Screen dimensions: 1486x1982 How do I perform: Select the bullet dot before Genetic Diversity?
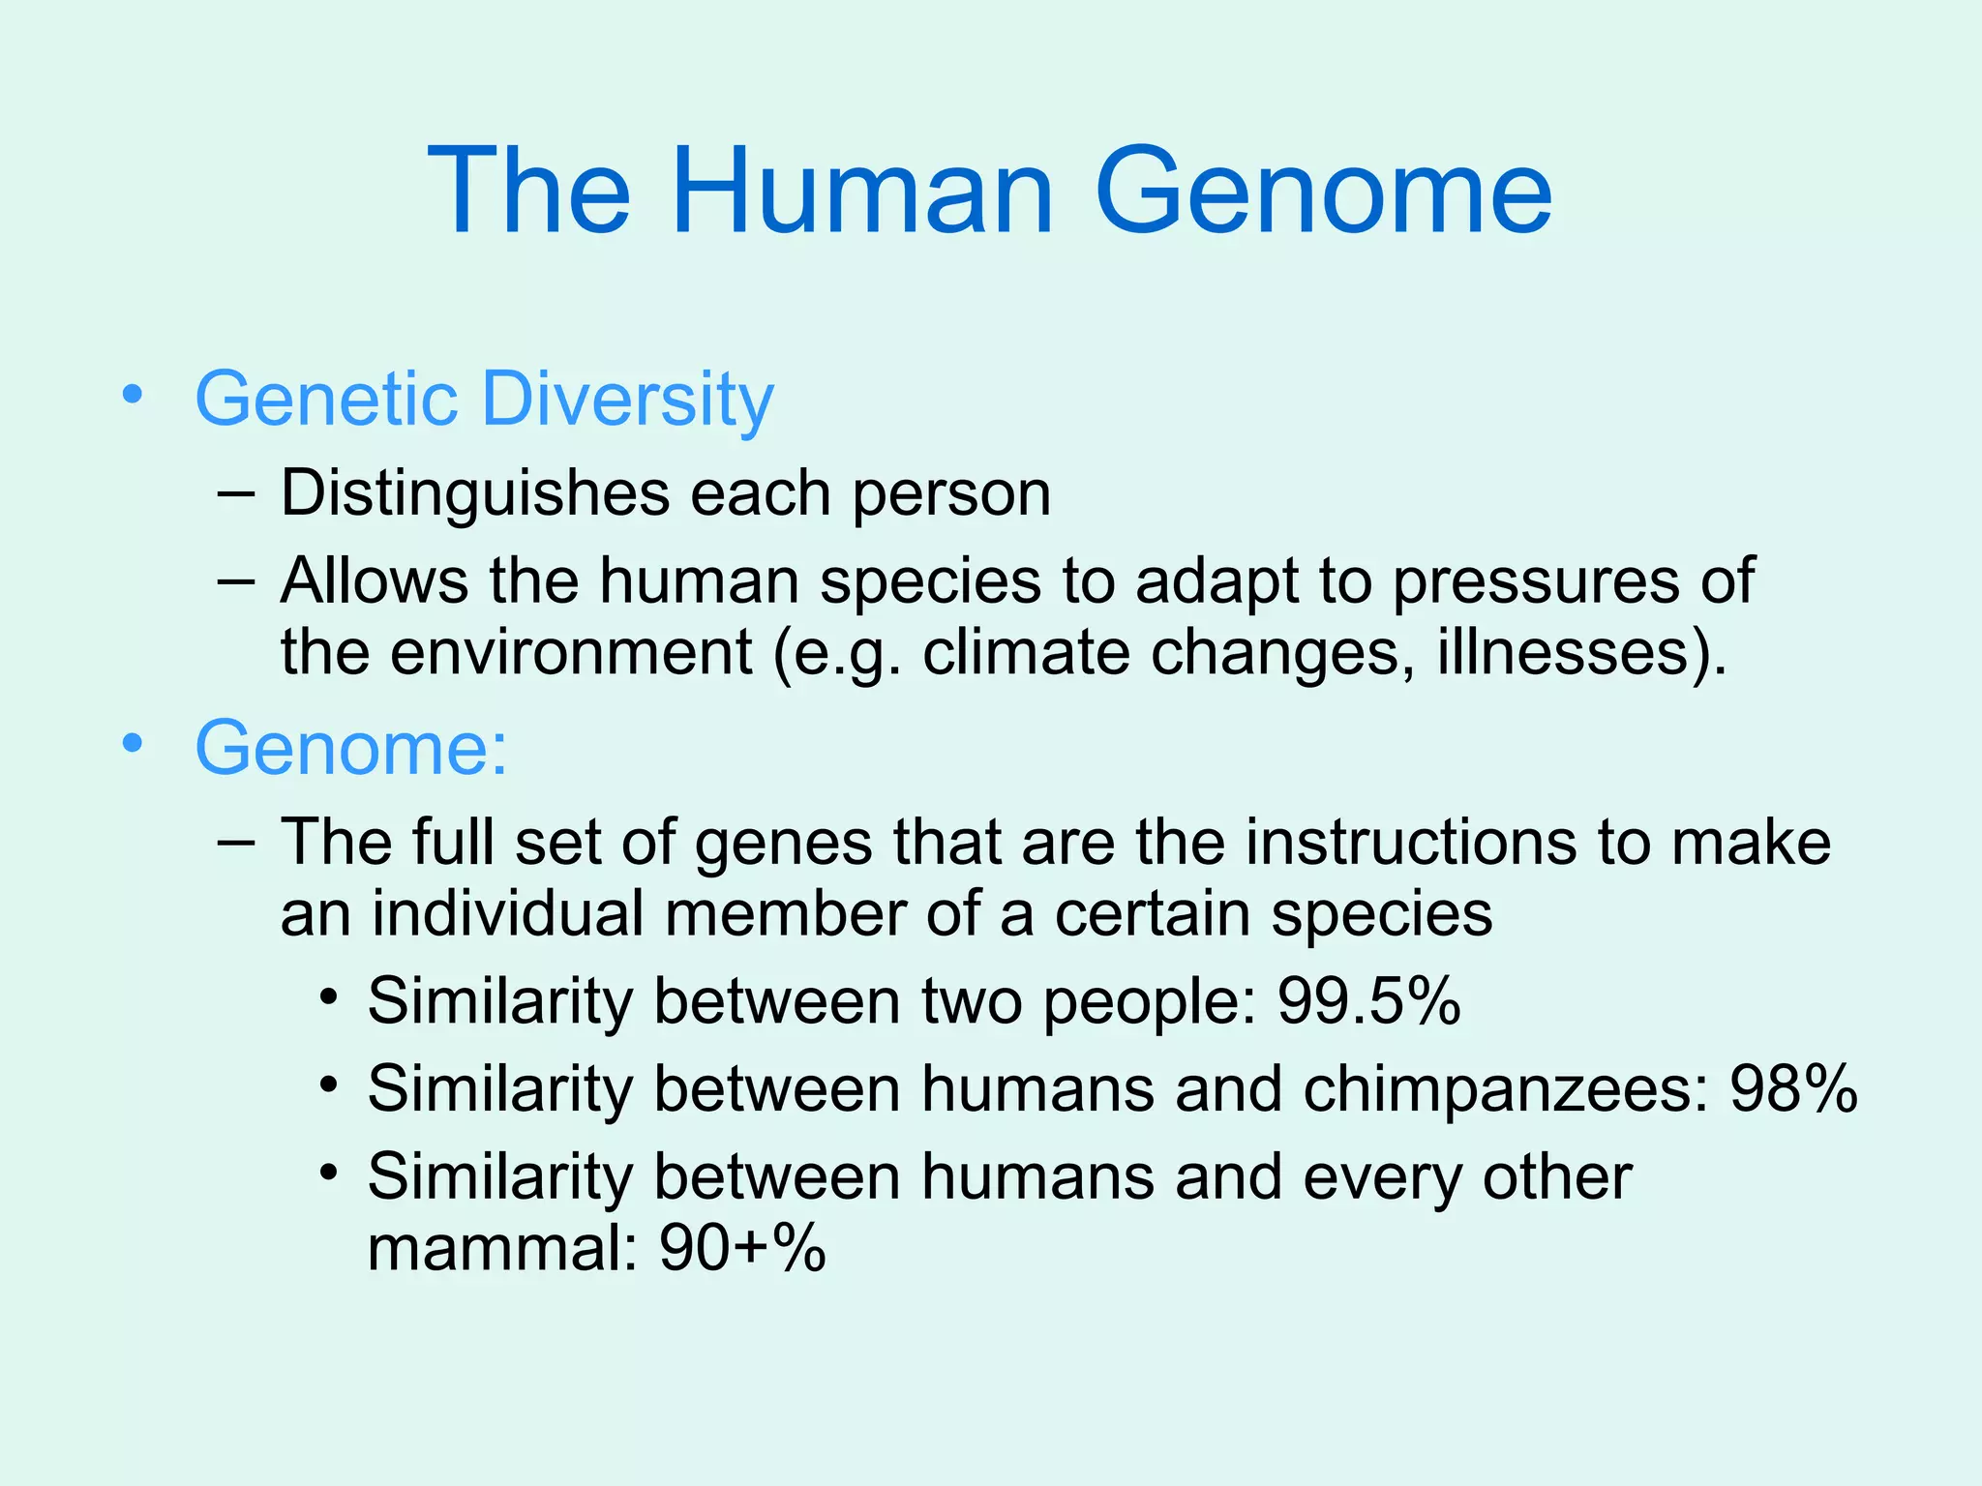(x=133, y=395)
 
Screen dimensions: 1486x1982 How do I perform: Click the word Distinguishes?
(x=474, y=494)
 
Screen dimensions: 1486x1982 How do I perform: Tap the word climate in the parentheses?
(x=1026, y=652)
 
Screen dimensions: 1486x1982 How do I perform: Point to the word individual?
(x=508, y=913)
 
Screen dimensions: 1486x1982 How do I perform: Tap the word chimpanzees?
(x=1506, y=1089)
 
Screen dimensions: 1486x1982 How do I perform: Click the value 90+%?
(x=742, y=1248)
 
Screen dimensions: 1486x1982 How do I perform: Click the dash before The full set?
(x=237, y=842)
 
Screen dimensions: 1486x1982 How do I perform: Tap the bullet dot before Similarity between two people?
(x=330, y=996)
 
